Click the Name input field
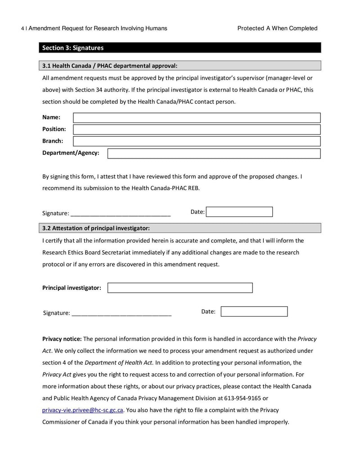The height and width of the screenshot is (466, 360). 197,118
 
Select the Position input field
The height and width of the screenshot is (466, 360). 197,130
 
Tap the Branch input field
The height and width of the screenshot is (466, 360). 197,141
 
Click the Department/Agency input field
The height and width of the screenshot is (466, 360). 214,154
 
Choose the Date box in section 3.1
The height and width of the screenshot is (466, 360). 239,212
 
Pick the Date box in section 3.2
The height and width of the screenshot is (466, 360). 254,312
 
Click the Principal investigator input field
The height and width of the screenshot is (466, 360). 180,288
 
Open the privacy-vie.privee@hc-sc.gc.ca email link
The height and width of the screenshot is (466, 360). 83,410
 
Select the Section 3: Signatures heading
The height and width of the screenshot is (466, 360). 73,48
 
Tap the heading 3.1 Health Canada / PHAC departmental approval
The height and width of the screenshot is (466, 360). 110,66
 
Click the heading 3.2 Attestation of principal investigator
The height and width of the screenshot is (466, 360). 96,228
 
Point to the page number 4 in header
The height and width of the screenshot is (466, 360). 22,28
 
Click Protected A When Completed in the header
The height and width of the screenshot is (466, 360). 277,28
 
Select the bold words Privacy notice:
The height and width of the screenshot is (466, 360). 62,339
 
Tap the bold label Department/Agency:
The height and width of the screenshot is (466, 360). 71,153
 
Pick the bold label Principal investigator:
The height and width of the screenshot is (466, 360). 72,288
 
